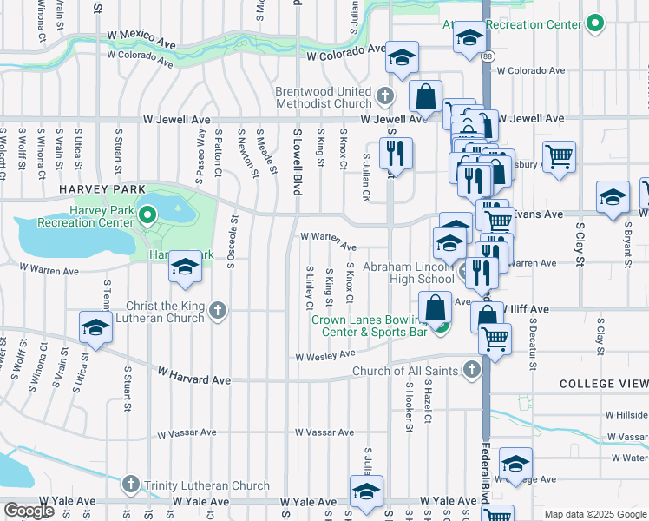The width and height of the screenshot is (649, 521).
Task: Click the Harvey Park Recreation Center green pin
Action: tap(147, 213)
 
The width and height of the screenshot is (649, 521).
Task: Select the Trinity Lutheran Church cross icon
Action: tap(131, 483)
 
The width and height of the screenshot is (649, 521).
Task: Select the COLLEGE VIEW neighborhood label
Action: tap(603, 383)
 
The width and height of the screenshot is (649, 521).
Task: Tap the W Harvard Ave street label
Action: tap(193, 374)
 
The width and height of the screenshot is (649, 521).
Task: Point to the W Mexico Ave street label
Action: tap(141, 38)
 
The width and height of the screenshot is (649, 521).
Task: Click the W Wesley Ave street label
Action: tap(325, 355)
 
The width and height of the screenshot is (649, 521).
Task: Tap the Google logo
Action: tap(29, 511)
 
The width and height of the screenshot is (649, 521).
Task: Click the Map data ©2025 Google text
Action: tap(594, 514)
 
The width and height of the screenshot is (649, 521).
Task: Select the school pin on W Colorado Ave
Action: tap(402, 58)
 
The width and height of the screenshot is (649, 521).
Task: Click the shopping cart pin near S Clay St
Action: tap(560, 157)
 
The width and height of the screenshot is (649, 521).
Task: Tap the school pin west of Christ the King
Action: tap(95, 328)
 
